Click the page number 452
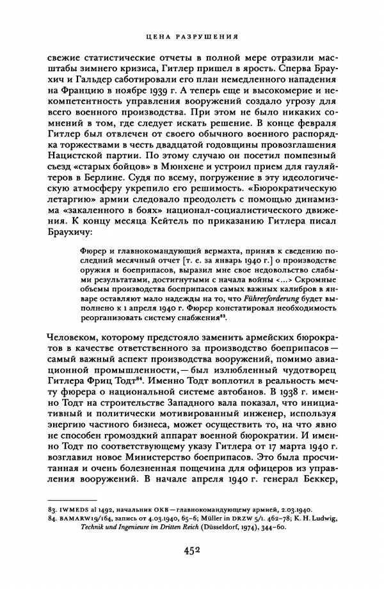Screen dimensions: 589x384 (192, 550)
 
